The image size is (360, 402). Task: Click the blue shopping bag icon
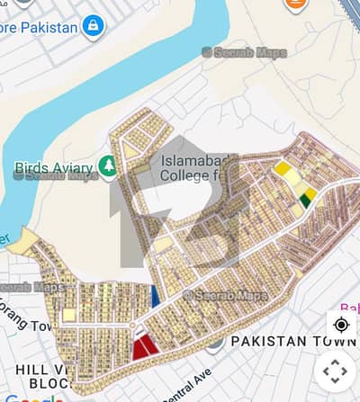(x=93, y=26)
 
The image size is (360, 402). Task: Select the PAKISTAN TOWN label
(x=293, y=342)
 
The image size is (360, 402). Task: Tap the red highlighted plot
(x=144, y=346)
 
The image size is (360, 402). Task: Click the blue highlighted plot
(x=156, y=296)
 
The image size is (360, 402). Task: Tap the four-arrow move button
(x=335, y=371)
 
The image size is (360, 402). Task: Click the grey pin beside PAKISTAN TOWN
(x=214, y=342)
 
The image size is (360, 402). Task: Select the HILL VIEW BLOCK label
(x=36, y=375)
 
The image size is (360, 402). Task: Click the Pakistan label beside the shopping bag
(x=40, y=26)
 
